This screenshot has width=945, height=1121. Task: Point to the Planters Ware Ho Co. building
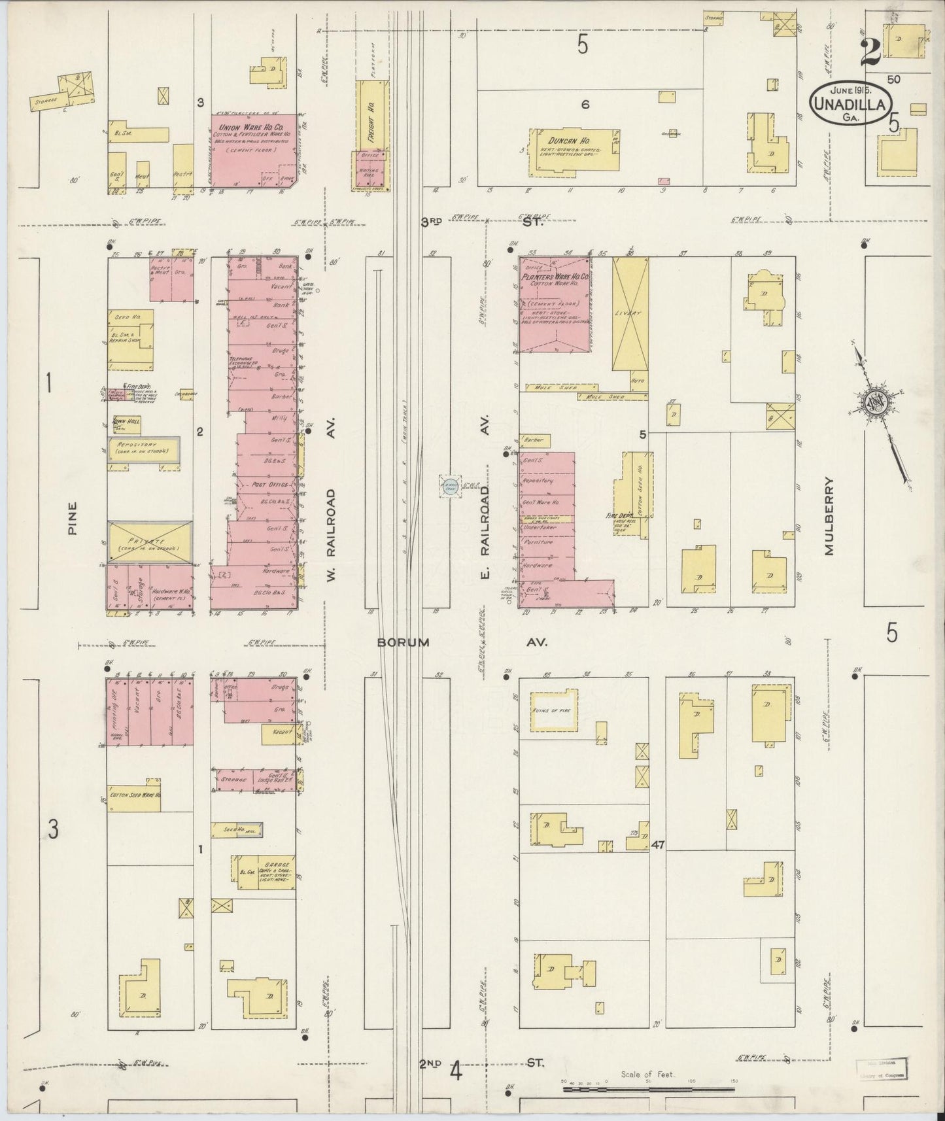pyautogui.click(x=555, y=305)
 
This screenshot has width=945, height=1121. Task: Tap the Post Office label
pyautogui.click(x=270, y=485)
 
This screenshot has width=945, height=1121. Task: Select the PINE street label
pyautogui.click(x=73, y=518)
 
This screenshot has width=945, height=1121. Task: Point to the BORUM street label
pyautogui.click(x=403, y=643)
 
